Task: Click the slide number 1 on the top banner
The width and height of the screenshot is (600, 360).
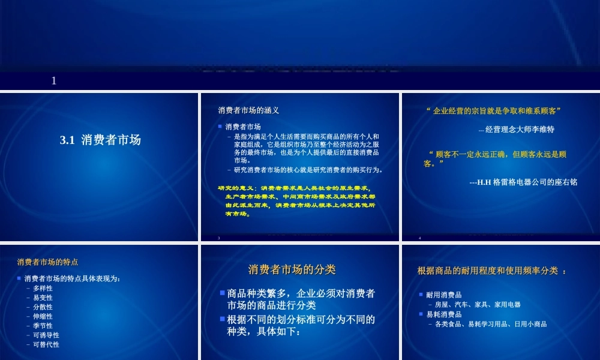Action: coord(54,80)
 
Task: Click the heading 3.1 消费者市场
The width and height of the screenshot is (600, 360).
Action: coord(100,140)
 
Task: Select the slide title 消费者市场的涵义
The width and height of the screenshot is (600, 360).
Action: coord(248,110)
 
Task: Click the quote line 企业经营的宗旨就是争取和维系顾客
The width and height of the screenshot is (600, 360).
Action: coord(493,111)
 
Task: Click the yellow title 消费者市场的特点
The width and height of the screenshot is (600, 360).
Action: coord(47,262)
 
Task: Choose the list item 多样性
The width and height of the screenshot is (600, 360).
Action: coord(43,288)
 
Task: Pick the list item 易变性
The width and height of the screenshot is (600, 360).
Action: coord(43,298)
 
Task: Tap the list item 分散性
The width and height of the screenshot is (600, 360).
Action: coord(43,307)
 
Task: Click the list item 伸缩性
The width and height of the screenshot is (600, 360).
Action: coord(43,316)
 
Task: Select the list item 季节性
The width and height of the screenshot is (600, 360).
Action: coord(43,326)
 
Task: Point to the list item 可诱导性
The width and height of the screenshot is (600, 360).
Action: coord(46,335)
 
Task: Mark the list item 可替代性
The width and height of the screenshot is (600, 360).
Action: coord(46,344)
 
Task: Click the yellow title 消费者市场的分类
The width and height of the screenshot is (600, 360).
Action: coord(292,269)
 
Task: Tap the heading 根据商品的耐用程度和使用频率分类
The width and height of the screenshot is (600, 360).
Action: coord(491,271)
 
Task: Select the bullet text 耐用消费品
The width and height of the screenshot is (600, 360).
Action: coord(444,295)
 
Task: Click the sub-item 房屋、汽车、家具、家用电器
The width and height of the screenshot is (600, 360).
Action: coord(478,305)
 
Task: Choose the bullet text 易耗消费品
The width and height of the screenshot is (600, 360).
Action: coord(444,314)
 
